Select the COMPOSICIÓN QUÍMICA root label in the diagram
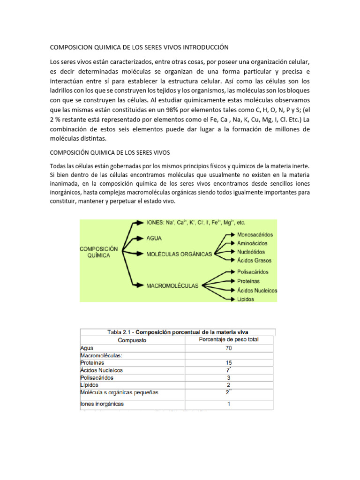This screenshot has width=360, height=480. coord(99,252)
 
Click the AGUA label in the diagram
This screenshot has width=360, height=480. coord(153,238)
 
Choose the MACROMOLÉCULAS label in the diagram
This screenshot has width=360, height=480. coord(172,285)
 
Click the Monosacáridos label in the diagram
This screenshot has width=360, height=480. coord(255,234)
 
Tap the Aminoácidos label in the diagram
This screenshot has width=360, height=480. coord(252,243)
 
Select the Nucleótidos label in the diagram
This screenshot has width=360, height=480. coord(252,252)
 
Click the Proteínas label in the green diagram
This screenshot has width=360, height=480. coord(248,281)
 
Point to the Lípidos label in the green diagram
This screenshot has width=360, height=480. coord(246,299)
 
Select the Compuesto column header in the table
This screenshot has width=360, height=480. coord(132,340)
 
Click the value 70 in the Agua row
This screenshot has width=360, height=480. coord(229,348)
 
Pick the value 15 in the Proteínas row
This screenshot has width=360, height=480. coord(229,362)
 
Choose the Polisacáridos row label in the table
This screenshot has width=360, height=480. coord(97,377)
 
